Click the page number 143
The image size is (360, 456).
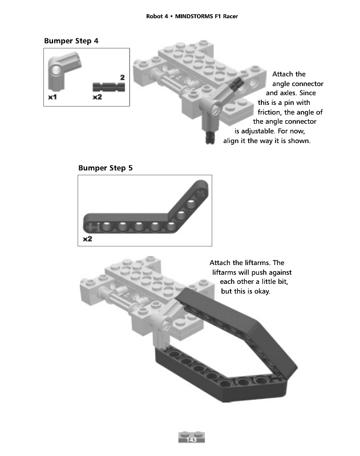191,439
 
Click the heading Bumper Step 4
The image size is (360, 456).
71,40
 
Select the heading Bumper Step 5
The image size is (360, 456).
106,168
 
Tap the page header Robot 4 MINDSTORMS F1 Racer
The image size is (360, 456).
192,17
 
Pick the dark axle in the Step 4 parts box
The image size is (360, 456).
109,87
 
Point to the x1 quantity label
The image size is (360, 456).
52,97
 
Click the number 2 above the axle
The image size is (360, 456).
123,78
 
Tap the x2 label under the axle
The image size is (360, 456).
98,97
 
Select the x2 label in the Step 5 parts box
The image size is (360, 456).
88,239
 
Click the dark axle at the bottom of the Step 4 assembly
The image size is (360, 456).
210,137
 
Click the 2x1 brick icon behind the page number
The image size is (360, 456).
192,437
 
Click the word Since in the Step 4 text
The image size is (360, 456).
308,93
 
